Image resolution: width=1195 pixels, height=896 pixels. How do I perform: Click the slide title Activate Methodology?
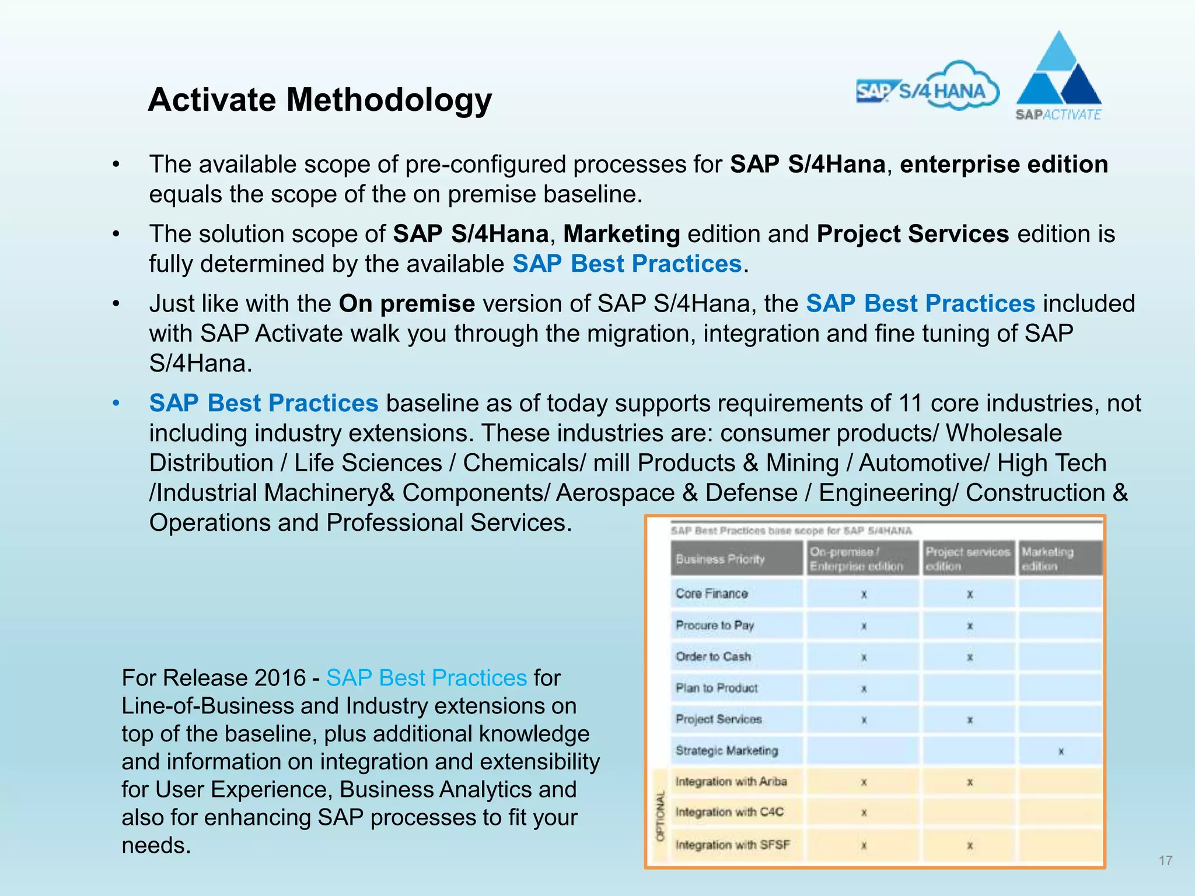(320, 100)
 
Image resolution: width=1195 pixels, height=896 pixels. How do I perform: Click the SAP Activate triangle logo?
(1058, 76)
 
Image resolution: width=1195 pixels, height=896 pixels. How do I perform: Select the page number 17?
(1165, 860)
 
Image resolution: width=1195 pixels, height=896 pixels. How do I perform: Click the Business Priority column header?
(720, 559)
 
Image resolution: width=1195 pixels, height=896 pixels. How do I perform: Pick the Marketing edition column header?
(1047, 559)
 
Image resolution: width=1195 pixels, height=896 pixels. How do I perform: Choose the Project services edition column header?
(967, 559)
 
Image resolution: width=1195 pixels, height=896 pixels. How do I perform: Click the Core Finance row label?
(711, 593)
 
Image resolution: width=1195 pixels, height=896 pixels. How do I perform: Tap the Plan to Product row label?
(717, 688)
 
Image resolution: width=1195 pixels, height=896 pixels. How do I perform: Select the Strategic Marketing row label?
(726, 751)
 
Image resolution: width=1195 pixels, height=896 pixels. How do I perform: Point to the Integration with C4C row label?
(729, 812)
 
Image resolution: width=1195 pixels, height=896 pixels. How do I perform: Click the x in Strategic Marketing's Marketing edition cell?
(1061, 752)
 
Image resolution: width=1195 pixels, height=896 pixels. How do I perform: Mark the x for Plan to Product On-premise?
(864, 689)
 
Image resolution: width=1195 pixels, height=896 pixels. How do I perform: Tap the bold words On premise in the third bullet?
(407, 304)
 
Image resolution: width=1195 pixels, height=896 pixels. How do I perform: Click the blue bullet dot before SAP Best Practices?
(116, 403)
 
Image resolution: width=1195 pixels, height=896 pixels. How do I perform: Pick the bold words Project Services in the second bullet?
(913, 234)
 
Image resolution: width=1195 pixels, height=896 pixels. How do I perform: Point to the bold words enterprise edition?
(1004, 164)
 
